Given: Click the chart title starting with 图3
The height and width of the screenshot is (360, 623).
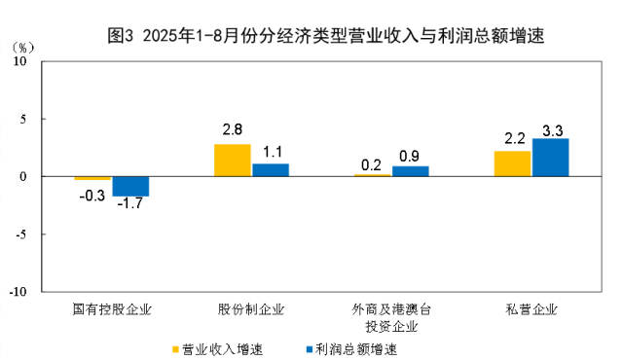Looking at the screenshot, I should [x=325, y=37].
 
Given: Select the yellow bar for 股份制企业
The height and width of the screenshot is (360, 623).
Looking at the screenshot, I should [x=232, y=161].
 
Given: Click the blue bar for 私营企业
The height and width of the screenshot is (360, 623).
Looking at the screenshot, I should [x=550, y=158].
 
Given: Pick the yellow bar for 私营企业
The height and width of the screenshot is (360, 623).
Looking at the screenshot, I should [x=513, y=163].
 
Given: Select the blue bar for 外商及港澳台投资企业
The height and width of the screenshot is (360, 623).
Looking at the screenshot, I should [x=410, y=171].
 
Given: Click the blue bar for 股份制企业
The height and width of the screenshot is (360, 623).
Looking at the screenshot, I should [x=271, y=170].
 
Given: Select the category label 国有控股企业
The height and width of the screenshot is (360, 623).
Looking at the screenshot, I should [x=113, y=309].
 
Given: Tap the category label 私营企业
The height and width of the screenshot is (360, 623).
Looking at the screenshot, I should [x=531, y=309].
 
